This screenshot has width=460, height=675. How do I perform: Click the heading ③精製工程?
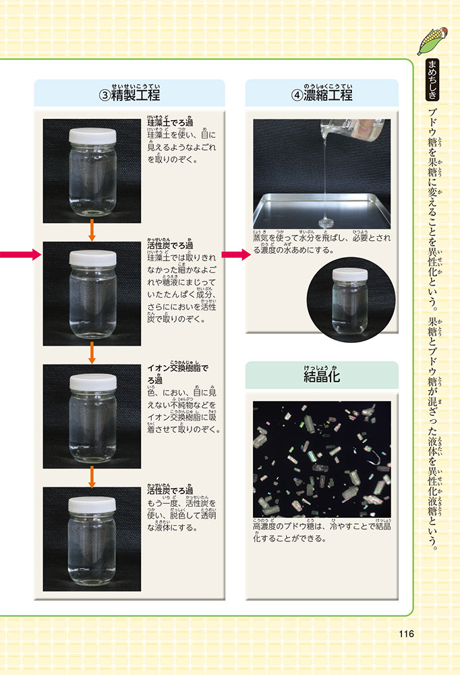[130, 94]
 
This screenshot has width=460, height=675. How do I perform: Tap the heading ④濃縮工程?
[322, 94]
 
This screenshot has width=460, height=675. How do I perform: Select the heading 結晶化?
[322, 376]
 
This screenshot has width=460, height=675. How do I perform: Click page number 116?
[406, 634]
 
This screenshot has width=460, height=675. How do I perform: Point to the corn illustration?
[432, 40]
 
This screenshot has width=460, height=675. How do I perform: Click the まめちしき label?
[432, 80]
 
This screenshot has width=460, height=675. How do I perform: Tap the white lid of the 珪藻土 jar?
[92, 136]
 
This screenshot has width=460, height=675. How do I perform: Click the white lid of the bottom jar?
[92, 504]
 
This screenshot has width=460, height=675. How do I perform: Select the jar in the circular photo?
[350, 300]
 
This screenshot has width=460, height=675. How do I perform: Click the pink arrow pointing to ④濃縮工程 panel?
[236, 254]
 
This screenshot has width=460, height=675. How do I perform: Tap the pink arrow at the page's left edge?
[20, 254]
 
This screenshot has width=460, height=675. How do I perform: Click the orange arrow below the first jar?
[92, 230]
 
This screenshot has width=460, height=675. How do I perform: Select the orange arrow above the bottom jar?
[92, 477]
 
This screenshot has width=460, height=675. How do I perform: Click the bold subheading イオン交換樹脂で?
[177, 368]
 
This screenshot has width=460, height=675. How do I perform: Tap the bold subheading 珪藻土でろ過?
[170, 122]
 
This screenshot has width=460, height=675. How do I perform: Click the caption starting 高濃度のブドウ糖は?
[322, 532]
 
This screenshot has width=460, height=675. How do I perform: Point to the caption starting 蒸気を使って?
[322, 244]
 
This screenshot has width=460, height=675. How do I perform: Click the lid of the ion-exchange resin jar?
[93, 382]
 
